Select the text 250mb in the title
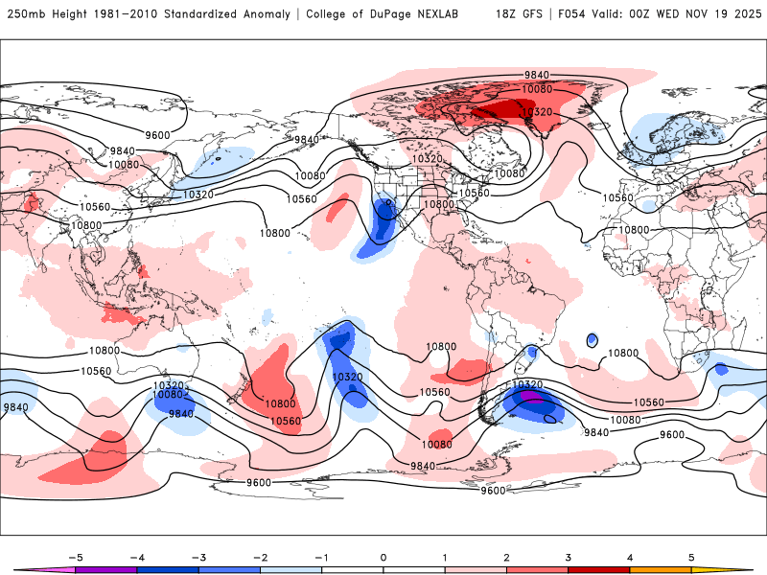pyautogui.click(x=25, y=14)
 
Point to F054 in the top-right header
pyautogui.click(x=573, y=14)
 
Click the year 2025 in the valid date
pyautogui.click(x=744, y=14)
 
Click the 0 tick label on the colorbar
pyautogui.click(x=383, y=557)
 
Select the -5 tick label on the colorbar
pyautogui.click(x=75, y=557)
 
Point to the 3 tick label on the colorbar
pyautogui.click(x=569, y=557)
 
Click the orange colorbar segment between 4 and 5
pyautogui.click(x=661, y=569)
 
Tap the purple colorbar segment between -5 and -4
pyautogui.click(x=106, y=569)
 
